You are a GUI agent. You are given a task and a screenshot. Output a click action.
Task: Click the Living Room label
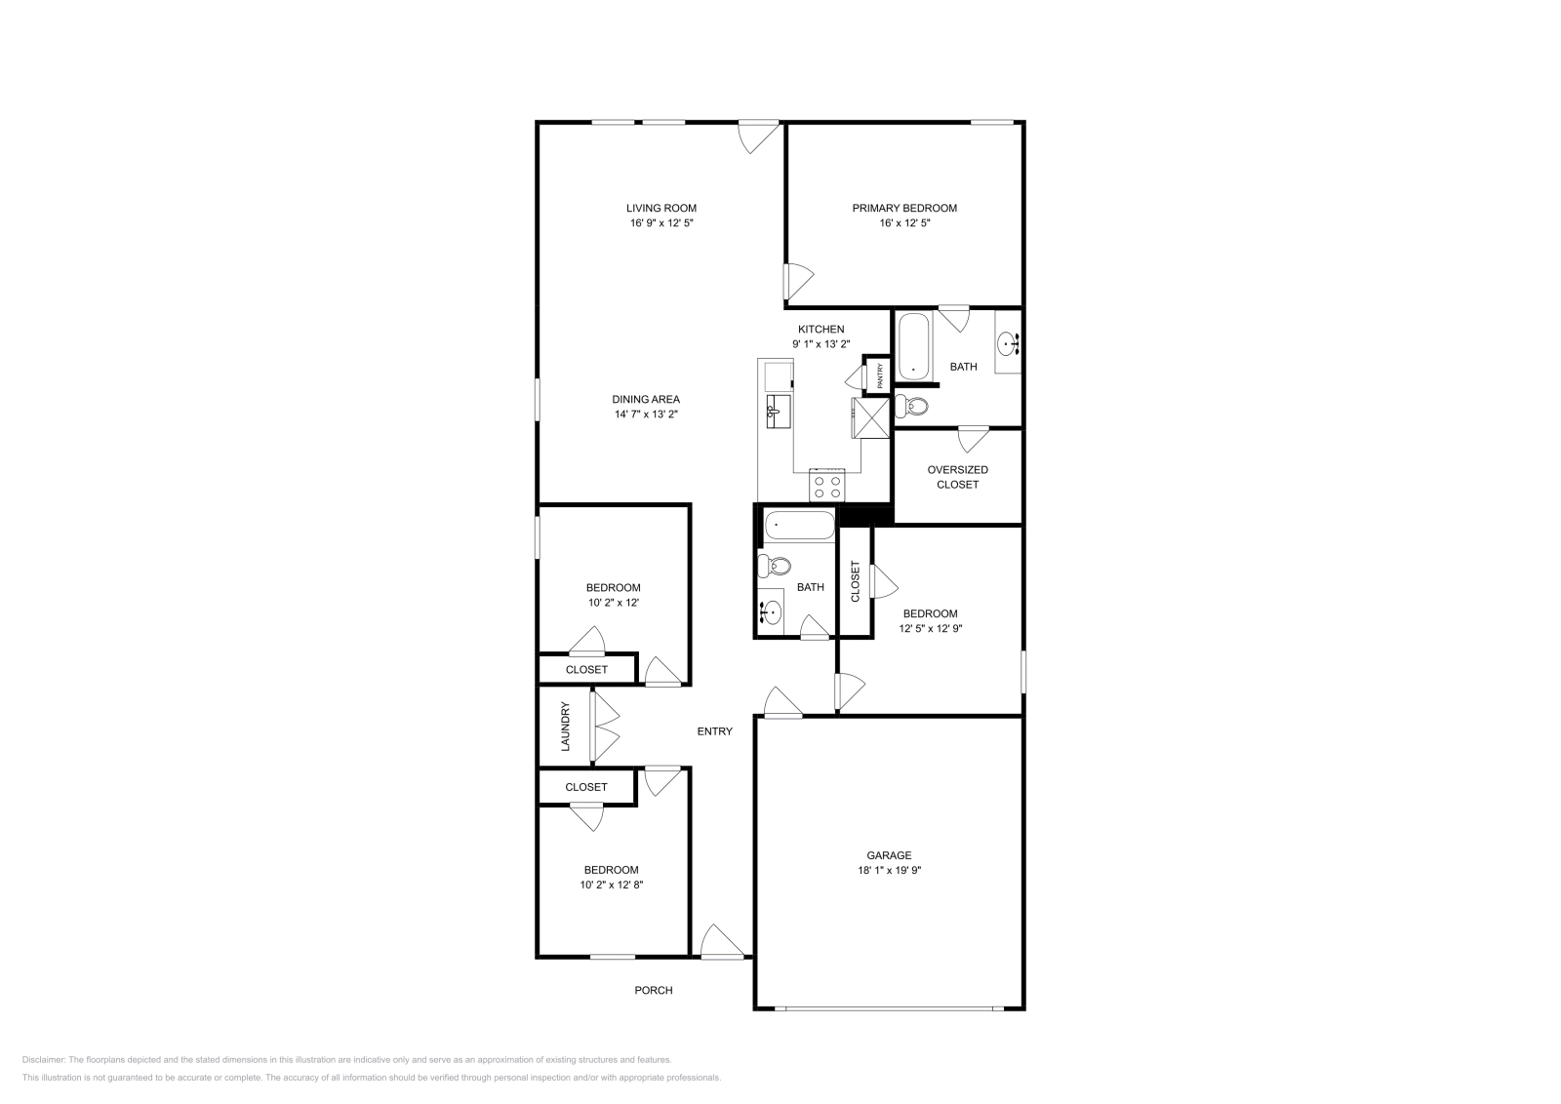pyautogui.click(x=660, y=208)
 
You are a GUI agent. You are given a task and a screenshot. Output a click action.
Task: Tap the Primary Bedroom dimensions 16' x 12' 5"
pyautogui.click(x=904, y=223)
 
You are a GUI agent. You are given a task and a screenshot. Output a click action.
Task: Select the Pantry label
pyautogui.click(x=880, y=375)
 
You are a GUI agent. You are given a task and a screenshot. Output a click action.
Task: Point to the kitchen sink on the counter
pyautogui.click(x=777, y=412)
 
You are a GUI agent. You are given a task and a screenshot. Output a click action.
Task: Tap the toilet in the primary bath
pyautogui.click(x=911, y=405)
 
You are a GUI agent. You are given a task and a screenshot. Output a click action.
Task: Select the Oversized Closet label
pyautogui.click(x=957, y=477)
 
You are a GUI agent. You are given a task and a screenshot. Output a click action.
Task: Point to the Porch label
pyautogui.click(x=654, y=990)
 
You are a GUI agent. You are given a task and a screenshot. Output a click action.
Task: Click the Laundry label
pyautogui.click(x=565, y=727)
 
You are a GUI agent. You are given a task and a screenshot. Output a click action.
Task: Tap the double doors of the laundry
pyautogui.click(x=605, y=727)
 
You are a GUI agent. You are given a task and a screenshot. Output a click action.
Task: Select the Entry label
pyautogui.click(x=714, y=731)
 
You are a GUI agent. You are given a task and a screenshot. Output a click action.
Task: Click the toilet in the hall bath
pyautogui.click(x=778, y=566)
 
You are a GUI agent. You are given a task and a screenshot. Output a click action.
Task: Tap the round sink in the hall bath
pyautogui.click(x=771, y=612)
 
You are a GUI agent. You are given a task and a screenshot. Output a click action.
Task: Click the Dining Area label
pyautogui.click(x=646, y=399)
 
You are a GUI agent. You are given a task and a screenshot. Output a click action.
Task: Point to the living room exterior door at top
pyautogui.click(x=758, y=135)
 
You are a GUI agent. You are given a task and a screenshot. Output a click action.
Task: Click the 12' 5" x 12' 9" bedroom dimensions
pyautogui.click(x=930, y=629)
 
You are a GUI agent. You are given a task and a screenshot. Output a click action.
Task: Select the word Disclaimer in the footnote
pyautogui.click(x=43, y=1058)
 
